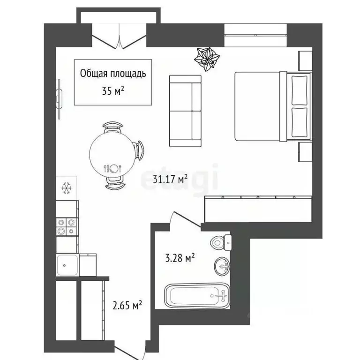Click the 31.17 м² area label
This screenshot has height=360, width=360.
pos(171,179)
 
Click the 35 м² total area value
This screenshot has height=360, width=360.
pos(113,90)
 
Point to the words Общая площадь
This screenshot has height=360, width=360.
pos(113,73)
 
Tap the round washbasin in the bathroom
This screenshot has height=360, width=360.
pos(222,266)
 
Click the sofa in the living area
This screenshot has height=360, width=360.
pos(185,111)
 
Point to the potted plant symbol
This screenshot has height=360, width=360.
pos(207,58)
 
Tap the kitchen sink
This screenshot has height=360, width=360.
pos(67,266)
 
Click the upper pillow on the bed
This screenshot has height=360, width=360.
pos(299,90)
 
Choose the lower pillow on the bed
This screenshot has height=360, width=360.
pos(299,121)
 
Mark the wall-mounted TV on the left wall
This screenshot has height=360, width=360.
pos(59,99)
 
